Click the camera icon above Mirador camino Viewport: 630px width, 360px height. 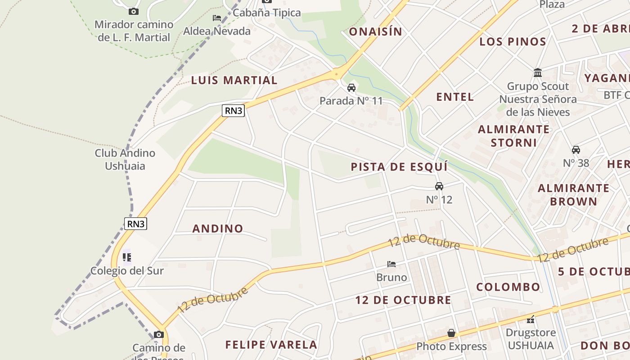(133, 12)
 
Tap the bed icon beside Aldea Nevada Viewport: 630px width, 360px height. (217, 18)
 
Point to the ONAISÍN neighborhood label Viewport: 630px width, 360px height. (375, 31)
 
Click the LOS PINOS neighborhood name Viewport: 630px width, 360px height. (513, 42)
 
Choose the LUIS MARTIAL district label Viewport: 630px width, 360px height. (234, 81)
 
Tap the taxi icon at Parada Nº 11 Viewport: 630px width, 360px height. (351, 88)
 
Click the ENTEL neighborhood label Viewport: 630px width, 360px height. (455, 97)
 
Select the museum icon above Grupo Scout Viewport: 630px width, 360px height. (538, 73)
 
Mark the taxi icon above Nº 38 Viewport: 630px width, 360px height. (576, 150)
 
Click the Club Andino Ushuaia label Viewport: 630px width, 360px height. (125, 159)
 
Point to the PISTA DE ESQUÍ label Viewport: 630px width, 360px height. (399, 167)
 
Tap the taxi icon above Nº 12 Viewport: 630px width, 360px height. (439, 186)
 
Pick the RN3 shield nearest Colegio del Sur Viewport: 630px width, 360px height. (135, 224)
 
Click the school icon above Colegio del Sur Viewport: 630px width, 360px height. (127, 257)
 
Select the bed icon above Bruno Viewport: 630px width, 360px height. (391, 264)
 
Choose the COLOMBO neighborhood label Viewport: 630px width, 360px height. (508, 287)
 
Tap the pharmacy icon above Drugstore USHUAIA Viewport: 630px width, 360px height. (531, 320)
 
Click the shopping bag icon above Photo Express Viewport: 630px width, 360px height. (451, 333)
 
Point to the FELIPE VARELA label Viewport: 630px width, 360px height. (271, 345)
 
